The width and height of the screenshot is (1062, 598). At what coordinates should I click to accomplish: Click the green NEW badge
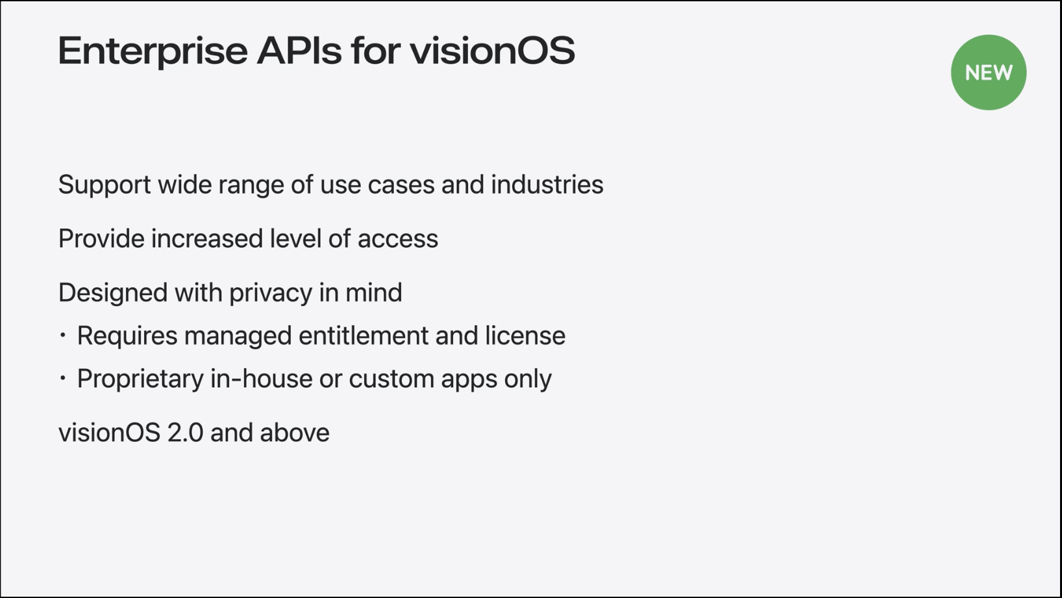click(x=989, y=73)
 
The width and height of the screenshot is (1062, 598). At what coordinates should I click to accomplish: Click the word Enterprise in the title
click(x=153, y=52)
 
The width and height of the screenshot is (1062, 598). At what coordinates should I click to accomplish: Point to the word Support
click(x=105, y=185)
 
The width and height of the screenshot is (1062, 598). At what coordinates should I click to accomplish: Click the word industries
click(x=547, y=184)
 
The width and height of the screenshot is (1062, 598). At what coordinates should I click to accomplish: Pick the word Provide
click(x=101, y=238)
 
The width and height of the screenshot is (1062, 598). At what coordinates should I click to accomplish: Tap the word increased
click(x=207, y=238)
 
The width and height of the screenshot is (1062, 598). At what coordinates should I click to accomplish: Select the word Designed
click(x=113, y=293)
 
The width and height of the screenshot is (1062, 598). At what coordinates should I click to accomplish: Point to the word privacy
click(x=270, y=293)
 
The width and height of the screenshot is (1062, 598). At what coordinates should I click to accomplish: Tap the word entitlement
click(x=364, y=336)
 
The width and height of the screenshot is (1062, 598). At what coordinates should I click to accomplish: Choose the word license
click(x=525, y=336)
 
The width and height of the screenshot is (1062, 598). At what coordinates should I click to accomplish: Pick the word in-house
click(x=261, y=379)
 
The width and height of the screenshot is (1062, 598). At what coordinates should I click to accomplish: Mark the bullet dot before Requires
click(x=62, y=335)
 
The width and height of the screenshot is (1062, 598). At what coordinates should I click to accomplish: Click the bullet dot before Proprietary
click(x=62, y=378)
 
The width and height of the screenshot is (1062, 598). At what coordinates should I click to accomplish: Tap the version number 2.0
click(x=186, y=433)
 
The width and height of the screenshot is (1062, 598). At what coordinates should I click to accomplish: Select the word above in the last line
click(x=295, y=433)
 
